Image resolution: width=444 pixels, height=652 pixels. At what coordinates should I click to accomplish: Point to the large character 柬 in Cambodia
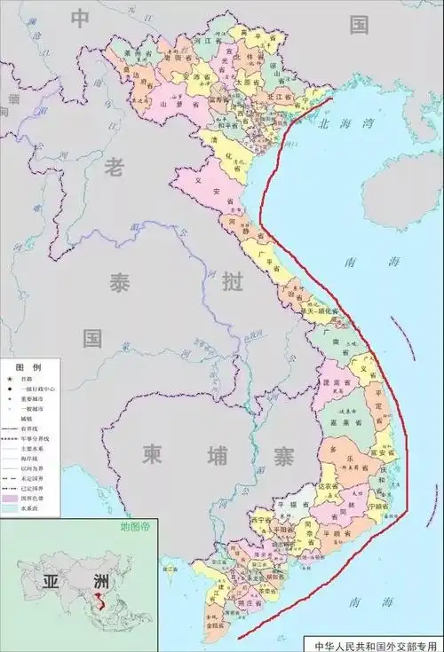coord(153,455)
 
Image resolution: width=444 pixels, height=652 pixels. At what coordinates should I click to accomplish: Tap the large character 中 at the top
coord(82,20)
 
